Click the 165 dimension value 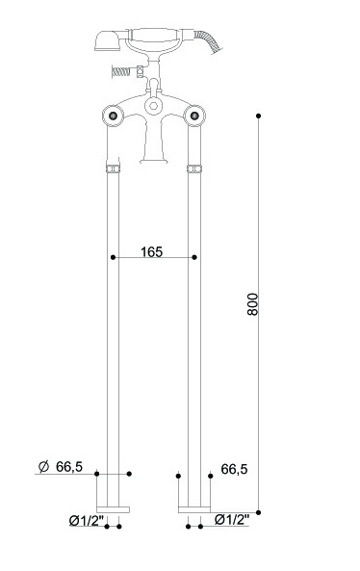(x=151, y=251)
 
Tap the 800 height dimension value (x=252, y=304)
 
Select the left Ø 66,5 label (x=61, y=466)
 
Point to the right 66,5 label (x=234, y=469)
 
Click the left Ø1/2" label (x=87, y=521)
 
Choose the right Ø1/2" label (x=232, y=519)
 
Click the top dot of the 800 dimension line (x=258, y=116)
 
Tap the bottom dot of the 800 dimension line (x=258, y=512)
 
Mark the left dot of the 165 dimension (x=113, y=257)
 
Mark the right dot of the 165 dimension (x=194, y=257)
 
